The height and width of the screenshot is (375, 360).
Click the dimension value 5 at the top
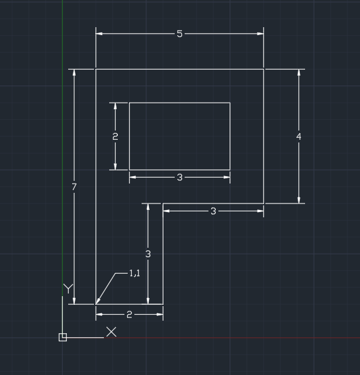coord(179,34)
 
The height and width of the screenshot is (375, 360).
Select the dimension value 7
coord(74,187)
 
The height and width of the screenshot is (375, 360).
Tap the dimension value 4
coord(298,136)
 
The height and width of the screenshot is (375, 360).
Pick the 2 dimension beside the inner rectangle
coord(115,136)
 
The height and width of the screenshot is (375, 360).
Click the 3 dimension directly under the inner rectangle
coord(179,178)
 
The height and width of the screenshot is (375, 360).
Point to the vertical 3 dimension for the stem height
coord(148,254)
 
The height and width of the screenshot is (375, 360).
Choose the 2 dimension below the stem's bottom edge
coord(129,315)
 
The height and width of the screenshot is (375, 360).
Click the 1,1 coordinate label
coord(134,273)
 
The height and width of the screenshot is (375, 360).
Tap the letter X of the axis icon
coord(111,332)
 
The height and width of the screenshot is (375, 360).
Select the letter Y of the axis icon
coord(68,289)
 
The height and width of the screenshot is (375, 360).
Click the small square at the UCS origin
coord(63,337)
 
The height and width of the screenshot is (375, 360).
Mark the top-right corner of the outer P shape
coord(264,70)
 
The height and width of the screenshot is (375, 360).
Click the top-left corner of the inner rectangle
coord(129,103)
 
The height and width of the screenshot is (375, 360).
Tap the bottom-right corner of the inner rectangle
coord(230,170)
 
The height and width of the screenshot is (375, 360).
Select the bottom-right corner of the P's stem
coord(163,304)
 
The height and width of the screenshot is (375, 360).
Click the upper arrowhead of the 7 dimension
coord(74,73)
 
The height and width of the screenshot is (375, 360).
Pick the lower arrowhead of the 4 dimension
coord(298,200)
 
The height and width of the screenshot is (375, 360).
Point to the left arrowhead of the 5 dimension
coord(99,34)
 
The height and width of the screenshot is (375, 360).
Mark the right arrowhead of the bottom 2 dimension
coord(159,315)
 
